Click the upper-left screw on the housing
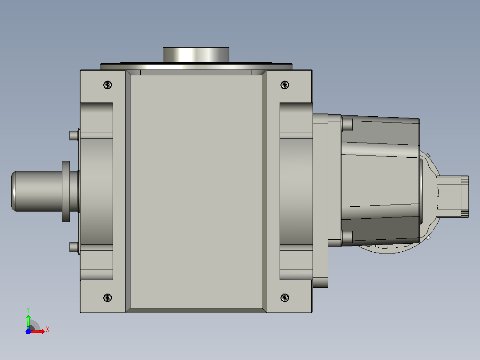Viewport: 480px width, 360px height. click(107, 85)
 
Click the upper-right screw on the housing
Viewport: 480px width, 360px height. click(285, 85)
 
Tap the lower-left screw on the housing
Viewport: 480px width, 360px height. click(107, 298)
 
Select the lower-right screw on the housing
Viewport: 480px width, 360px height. click(285, 298)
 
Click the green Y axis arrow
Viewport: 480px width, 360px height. click(28, 321)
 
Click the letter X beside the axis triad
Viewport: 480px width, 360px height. click(48, 330)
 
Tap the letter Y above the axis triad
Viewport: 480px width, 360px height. click(28, 310)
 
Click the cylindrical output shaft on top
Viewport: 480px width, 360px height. click(196, 54)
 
